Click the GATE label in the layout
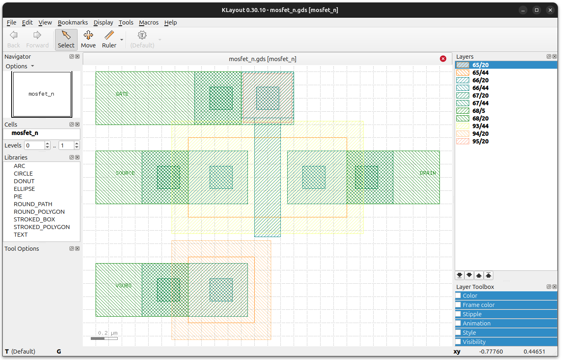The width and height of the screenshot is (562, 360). (122, 94)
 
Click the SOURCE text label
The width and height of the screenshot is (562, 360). (125, 173)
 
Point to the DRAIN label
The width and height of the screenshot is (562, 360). (427, 173)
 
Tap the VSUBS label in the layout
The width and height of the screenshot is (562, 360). (123, 286)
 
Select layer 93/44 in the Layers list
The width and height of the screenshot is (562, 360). (480, 126)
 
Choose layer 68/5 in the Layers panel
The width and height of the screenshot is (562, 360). (478, 110)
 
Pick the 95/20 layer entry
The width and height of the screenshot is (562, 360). (480, 141)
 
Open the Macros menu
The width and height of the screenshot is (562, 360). (149, 22)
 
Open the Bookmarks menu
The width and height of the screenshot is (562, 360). (73, 22)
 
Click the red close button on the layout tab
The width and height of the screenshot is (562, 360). (443, 59)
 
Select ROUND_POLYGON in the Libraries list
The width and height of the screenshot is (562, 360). (39, 212)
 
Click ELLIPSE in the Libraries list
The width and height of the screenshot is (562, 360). (25, 189)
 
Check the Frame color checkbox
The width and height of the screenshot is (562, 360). (458, 305)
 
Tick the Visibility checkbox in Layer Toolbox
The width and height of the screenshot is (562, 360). (458, 342)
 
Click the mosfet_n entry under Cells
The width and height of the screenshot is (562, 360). (25, 133)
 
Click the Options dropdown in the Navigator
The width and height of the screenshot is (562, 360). (20, 66)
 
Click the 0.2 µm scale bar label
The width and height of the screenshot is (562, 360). (108, 333)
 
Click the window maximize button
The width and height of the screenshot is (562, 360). (537, 10)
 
